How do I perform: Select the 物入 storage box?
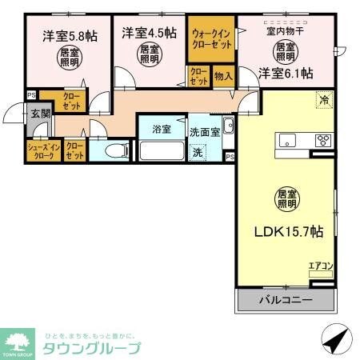click(x=223, y=77)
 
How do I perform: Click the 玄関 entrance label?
click(x=40, y=113)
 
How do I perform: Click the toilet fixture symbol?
click(x=111, y=150)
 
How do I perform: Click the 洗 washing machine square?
click(x=197, y=152)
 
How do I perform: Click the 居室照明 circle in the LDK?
click(x=286, y=198)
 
